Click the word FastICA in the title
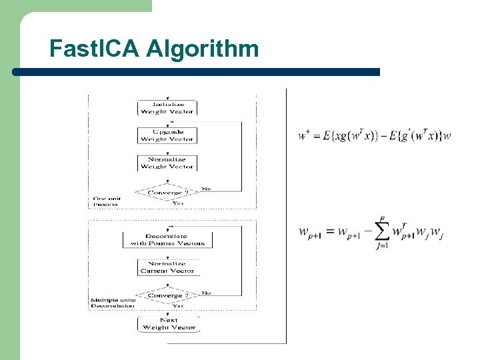(x=94, y=49)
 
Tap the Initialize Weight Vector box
(x=167, y=108)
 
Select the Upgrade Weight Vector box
(x=167, y=135)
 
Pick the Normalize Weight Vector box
(x=167, y=163)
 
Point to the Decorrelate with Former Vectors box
(x=167, y=239)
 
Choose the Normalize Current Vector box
(x=167, y=267)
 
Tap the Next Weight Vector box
(x=169, y=324)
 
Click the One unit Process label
(x=105, y=201)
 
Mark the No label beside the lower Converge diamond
(x=206, y=293)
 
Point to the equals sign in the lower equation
(x=330, y=233)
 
